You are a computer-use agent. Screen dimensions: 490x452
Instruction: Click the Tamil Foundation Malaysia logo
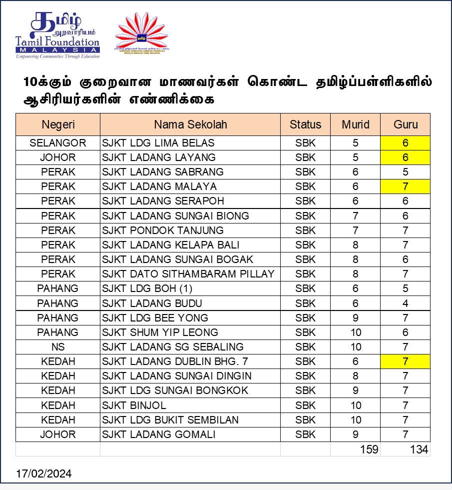(57, 35)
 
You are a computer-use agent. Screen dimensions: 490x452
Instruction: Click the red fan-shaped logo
(142, 33)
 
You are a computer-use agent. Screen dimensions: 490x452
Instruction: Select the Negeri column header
(58, 124)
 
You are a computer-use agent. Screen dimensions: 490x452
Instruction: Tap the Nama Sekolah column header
(190, 124)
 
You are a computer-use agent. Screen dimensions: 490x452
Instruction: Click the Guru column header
(405, 124)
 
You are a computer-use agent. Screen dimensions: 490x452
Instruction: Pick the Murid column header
(355, 124)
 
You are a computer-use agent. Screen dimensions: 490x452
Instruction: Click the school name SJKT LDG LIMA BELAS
(158, 143)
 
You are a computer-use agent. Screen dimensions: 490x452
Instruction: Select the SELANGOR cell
(58, 143)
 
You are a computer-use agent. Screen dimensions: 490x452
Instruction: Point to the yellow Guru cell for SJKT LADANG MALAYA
(405, 186)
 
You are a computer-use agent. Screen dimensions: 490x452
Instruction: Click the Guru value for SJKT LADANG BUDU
(405, 303)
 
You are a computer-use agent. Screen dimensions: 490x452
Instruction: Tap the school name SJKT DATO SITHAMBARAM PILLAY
(188, 274)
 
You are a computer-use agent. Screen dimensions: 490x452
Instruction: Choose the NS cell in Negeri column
(58, 346)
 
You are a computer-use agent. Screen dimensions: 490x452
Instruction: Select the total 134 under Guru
(419, 449)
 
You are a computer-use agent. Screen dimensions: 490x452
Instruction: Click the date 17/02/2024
(43, 473)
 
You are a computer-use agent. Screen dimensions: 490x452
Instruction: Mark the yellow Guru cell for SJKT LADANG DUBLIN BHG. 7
(405, 361)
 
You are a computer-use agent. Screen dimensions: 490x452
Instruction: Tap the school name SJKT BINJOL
(134, 405)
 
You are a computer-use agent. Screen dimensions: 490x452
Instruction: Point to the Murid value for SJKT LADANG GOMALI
(355, 434)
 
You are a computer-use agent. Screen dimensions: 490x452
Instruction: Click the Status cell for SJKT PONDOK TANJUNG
(305, 230)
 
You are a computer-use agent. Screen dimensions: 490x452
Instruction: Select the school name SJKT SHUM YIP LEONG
(160, 332)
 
